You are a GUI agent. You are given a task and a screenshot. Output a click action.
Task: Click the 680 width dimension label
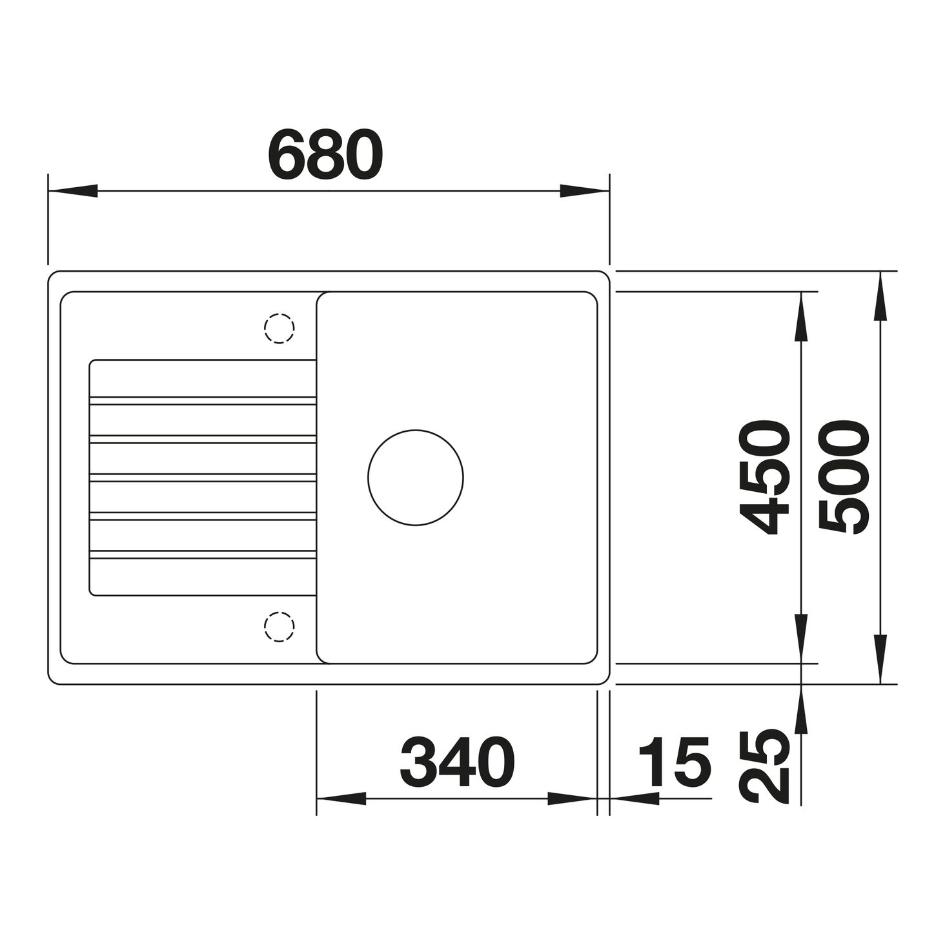tap(325, 154)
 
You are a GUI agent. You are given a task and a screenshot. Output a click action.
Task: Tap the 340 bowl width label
tap(458, 762)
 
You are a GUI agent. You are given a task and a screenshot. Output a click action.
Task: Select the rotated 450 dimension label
tap(764, 477)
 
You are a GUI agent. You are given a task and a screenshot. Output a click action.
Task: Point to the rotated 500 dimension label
tap(844, 477)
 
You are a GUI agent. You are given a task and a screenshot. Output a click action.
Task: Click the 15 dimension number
tap(675, 762)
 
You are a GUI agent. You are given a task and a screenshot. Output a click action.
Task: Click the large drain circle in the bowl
tap(415, 430)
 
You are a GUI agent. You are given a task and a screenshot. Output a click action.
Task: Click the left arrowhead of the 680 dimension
tap(72, 191)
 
